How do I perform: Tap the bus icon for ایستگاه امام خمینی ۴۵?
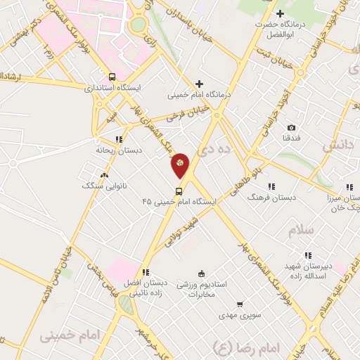point(179,191)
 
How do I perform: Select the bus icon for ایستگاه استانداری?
point(112,77)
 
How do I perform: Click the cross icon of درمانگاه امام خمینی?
point(199,84)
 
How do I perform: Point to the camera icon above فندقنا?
point(291,128)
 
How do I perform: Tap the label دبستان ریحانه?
point(114,150)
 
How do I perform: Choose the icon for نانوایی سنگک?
point(105,175)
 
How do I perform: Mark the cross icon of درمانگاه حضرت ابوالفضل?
point(280,13)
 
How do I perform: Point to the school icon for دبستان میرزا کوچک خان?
point(349,187)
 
